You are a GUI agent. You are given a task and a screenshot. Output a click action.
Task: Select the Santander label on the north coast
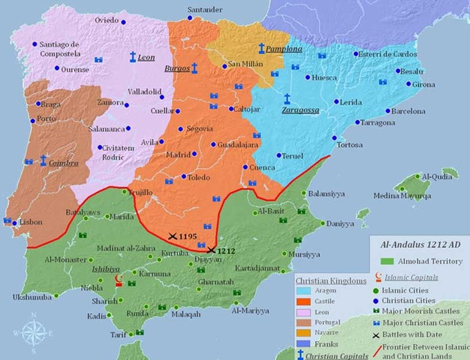coord(204,10)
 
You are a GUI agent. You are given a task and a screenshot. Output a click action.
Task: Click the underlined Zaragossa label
coord(300,109)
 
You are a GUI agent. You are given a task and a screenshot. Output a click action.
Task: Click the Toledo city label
coord(198,178)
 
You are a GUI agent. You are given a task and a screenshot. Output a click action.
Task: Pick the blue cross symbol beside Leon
coord(132,57)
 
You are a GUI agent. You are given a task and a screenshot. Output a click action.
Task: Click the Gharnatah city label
coord(215,282)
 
